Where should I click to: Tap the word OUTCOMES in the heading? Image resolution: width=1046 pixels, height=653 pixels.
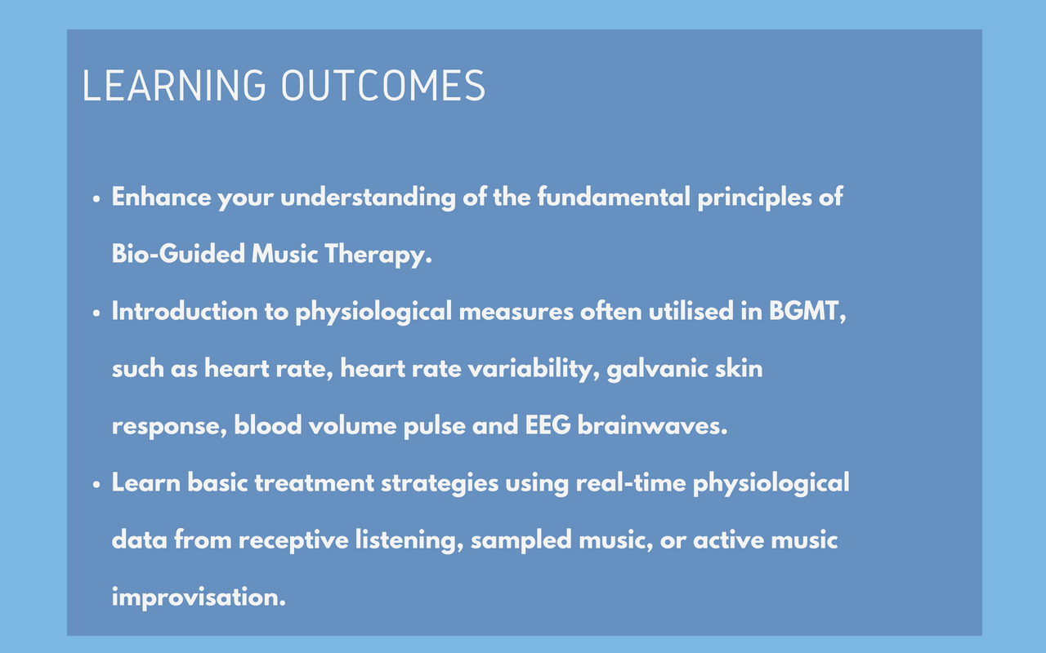point(383,86)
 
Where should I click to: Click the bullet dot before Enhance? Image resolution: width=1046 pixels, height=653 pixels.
point(96,199)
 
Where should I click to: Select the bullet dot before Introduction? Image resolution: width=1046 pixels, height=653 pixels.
point(96,313)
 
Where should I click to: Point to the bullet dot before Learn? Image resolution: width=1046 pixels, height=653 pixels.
point(96,485)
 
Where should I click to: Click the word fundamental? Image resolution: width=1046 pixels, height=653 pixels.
point(614,197)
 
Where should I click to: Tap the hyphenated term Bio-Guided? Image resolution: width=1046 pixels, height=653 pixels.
point(178,254)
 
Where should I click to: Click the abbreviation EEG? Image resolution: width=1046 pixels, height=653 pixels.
point(548,425)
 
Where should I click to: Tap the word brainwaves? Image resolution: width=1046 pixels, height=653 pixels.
point(652,425)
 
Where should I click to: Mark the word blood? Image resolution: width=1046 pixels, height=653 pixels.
point(267,425)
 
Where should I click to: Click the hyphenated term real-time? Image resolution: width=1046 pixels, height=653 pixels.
point(631,482)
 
